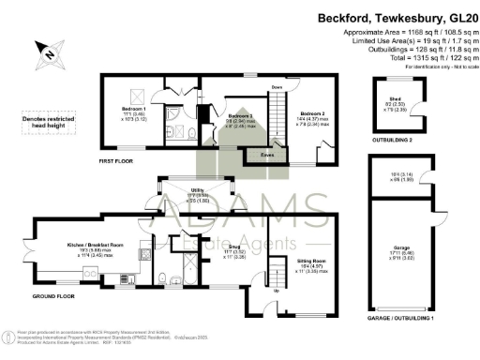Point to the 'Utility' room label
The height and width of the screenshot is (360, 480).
[196, 190]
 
